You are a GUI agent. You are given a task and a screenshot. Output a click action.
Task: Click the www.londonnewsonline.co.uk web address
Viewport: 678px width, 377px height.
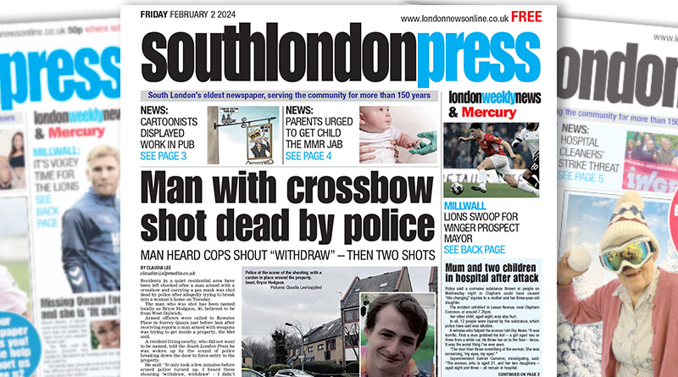454,17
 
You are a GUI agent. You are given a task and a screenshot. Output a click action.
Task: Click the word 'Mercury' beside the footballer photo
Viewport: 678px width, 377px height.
494,112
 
